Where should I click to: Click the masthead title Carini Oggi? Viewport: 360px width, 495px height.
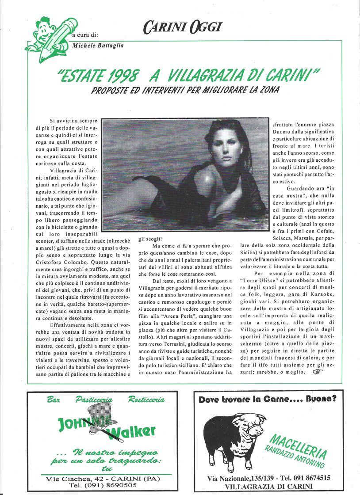182,27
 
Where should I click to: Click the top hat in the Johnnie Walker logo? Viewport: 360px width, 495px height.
95,417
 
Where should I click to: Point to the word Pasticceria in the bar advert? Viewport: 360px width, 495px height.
94,400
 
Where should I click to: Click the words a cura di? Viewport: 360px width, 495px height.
85,34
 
